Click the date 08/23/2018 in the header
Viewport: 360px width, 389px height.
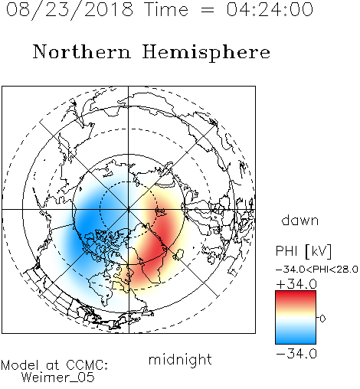point(70,10)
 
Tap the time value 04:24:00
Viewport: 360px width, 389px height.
point(270,10)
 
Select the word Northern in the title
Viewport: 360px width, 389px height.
point(82,52)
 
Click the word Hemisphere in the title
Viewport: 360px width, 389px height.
point(206,53)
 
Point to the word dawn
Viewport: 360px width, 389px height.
point(300,221)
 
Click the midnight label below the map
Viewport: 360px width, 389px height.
point(180,360)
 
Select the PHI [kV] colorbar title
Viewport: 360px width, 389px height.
point(303,251)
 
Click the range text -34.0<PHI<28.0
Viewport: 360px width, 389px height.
point(317,270)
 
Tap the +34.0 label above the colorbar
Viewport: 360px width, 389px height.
point(296,284)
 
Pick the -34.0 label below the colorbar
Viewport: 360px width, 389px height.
point(296,354)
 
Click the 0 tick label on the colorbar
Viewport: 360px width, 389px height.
point(322,319)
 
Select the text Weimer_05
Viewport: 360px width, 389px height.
point(58,378)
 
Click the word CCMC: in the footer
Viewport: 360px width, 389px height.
point(87,365)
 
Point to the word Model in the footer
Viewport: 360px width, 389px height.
point(20,365)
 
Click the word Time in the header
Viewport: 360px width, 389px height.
point(166,10)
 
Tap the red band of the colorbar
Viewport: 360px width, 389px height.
point(296,297)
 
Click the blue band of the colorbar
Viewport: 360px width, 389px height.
point(296,337)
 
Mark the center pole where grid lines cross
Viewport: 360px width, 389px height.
point(129,210)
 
